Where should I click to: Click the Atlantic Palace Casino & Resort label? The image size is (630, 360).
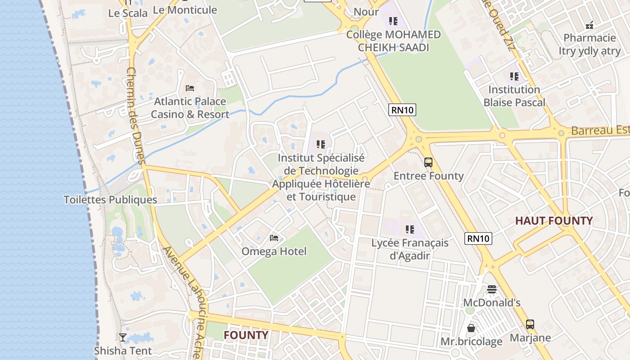190,108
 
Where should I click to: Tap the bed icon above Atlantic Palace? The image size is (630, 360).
190,88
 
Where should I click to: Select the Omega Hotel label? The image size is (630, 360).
274,251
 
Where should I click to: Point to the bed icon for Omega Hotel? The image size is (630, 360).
274,238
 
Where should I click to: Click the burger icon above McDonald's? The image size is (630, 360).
492,289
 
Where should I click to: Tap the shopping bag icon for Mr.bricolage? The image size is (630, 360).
471,328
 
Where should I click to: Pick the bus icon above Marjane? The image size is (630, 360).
530,324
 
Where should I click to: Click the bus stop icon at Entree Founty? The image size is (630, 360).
428,162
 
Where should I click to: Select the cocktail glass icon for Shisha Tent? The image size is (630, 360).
122,337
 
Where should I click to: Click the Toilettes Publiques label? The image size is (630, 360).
110,200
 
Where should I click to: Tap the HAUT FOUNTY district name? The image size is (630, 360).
554,221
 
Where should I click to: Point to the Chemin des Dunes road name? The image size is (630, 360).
135,116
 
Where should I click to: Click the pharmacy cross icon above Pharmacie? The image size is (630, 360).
589,25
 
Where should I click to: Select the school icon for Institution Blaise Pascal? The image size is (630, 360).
514,76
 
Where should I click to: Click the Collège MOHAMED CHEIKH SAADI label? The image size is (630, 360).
393,41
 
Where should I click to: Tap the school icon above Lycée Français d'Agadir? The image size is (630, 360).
409,229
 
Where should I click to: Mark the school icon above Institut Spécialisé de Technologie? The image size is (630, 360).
321,144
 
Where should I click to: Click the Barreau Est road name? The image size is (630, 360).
600,130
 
